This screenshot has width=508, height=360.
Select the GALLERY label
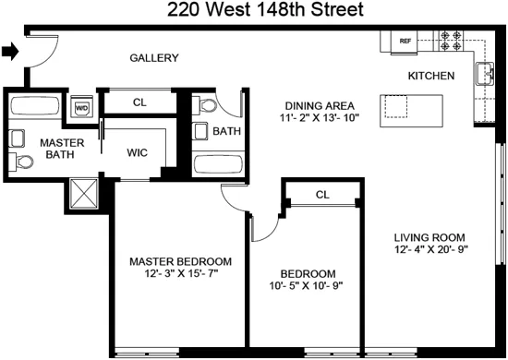[x=153, y=58]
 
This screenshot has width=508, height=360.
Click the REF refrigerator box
[x=405, y=42]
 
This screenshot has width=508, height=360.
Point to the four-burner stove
[x=452, y=42]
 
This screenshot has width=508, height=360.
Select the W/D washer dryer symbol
[x=82, y=107]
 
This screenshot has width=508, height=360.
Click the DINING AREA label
[x=315, y=105]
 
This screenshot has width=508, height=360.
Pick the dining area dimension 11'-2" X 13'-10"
[x=315, y=118]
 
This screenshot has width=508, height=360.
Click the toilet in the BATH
[x=206, y=106]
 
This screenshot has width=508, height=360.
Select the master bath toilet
[x=23, y=163]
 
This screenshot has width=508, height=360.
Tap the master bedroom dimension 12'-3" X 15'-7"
[x=180, y=274]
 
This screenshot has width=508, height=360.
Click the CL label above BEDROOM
[x=322, y=195]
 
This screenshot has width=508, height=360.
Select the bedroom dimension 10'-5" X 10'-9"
[x=308, y=286]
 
